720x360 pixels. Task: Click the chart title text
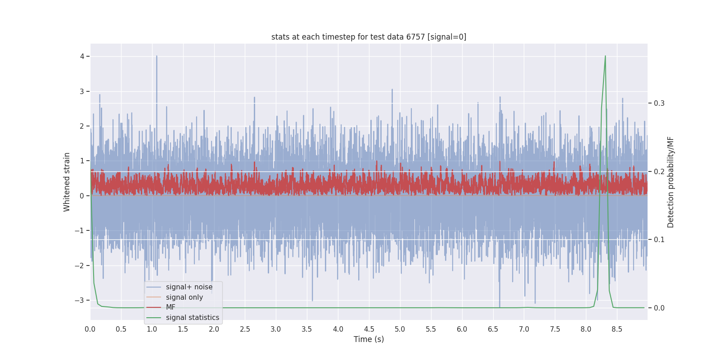click(x=369, y=37)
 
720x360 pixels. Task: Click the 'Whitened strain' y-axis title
click(x=67, y=182)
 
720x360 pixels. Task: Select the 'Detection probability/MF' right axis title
click(x=670, y=182)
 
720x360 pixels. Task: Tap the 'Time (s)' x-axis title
click(x=369, y=339)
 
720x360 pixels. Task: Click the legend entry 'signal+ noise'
click(x=189, y=287)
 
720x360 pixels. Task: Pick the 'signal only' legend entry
click(x=184, y=297)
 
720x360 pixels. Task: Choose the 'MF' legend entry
click(x=171, y=307)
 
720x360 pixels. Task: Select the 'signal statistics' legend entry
click(x=192, y=318)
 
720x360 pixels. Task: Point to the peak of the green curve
click(x=605, y=56)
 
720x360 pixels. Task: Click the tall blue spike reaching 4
click(x=157, y=57)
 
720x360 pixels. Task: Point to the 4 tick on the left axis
click(x=82, y=56)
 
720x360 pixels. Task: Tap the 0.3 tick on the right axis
click(x=659, y=103)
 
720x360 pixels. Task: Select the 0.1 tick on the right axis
click(x=659, y=239)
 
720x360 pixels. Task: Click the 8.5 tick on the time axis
click(x=617, y=329)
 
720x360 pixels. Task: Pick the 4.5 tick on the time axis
click(x=369, y=329)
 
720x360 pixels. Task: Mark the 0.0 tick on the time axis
click(x=90, y=329)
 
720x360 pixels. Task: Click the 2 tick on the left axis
click(x=82, y=126)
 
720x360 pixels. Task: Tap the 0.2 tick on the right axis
click(x=659, y=171)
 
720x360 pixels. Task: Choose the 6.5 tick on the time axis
click(x=493, y=329)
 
